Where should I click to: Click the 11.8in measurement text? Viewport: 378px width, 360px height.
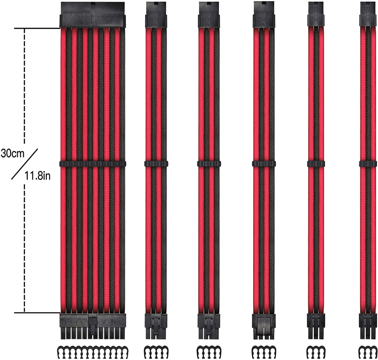pos(37,175)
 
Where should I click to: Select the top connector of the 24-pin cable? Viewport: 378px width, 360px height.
pos(92,15)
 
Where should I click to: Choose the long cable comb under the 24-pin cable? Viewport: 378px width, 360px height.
pos(92,350)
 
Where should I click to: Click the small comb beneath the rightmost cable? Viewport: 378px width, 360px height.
pos(368,350)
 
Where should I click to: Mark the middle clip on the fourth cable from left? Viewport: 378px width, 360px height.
pos(264,164)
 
